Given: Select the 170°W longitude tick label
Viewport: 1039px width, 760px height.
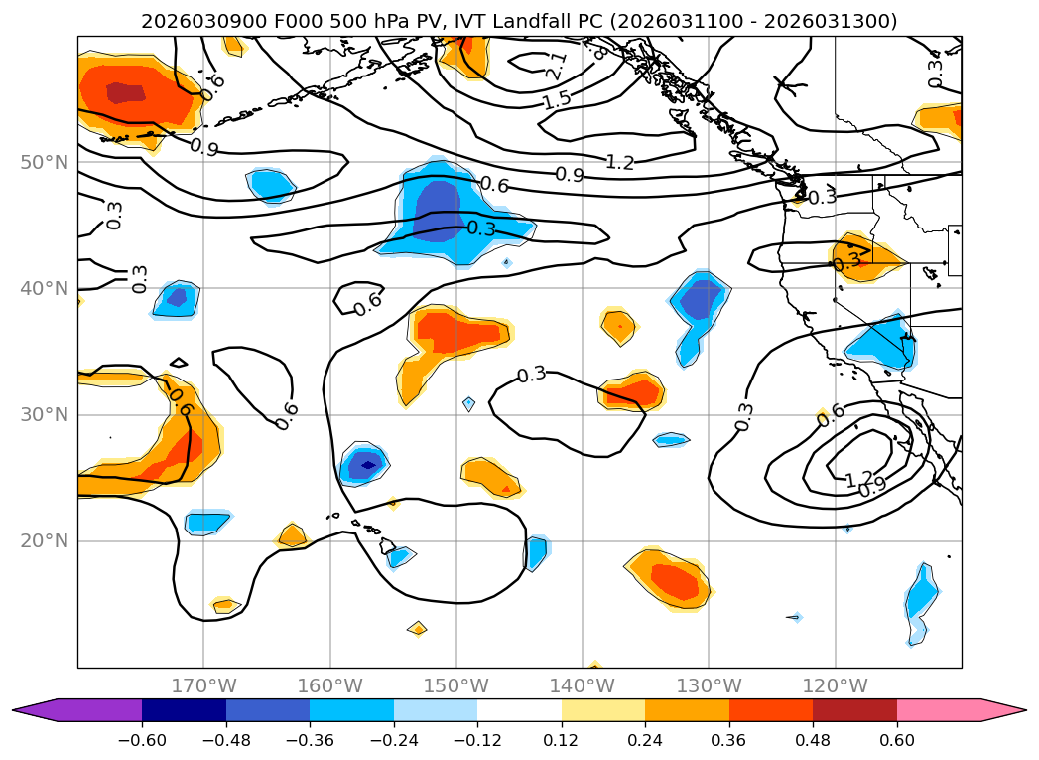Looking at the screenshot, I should (x=203, y=685).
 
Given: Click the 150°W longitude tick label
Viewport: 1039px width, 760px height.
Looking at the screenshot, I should (x=456, y=685).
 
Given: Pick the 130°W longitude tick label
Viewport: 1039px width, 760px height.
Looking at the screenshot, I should (x=709, y=685).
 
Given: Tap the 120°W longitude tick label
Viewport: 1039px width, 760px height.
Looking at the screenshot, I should (x=835, y=685).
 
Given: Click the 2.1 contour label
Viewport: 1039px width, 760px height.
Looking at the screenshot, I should (x=557, y=67).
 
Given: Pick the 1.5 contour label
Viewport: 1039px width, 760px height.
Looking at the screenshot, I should (x=557, y=100).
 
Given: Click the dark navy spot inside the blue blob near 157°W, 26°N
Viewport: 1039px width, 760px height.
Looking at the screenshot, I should (x=367, y=464).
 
